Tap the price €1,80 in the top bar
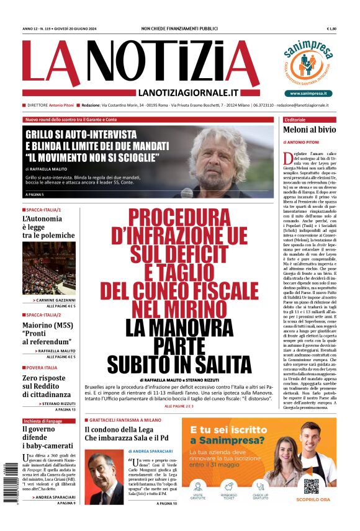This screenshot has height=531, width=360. pos(331,29)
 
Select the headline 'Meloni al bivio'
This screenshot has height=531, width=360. pos(310,130)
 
